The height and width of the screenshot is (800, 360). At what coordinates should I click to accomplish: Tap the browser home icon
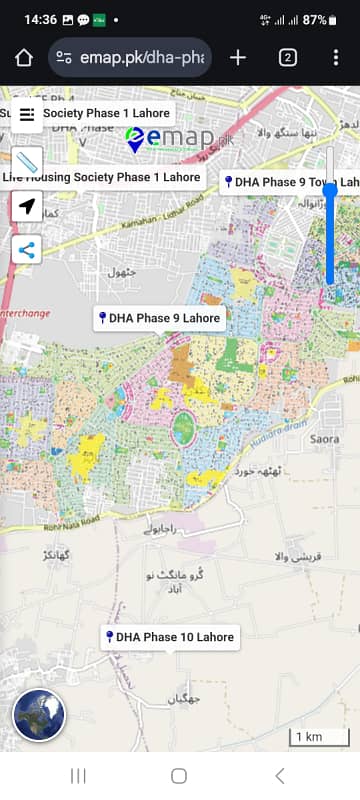tap(24, 57)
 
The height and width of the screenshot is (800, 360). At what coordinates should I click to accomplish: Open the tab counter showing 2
tap(287, 57)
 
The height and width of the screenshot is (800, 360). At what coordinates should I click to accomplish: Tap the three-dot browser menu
tap(336, 57)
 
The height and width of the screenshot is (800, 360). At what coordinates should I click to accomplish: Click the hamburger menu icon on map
tap(27, 114)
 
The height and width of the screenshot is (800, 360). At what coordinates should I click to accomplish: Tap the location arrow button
tap(27, 207)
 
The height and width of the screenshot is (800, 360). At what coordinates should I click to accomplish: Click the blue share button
tap(27, 250)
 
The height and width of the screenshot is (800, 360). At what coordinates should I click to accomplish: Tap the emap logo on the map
tap(170, 140)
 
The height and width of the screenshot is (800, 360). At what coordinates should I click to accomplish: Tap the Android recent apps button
tap(79, 775)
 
